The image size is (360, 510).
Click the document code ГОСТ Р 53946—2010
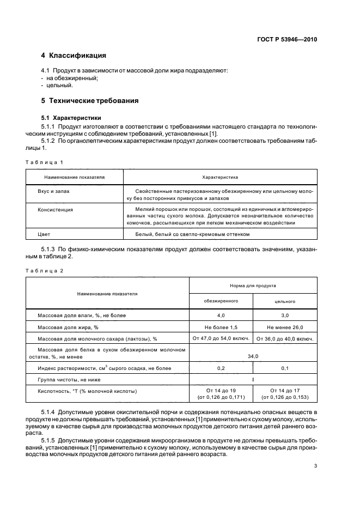coord(287,40)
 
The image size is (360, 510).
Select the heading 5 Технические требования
coord(90,101)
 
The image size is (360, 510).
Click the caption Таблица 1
coord(45,162)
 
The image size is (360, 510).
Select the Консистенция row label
coord(56,209)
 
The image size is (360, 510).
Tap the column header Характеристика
coord(219,177)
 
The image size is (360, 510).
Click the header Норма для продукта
coord(253,285)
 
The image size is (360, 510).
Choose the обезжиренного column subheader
coord(221,301)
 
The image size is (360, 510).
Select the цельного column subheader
coord(285,301)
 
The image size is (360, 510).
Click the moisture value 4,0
coord(221,315)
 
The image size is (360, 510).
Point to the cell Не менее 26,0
coord(285,327)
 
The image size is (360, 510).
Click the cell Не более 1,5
coord(221,327)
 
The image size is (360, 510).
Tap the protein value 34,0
coord(253,356)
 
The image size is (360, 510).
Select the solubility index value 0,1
coord(285,368)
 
